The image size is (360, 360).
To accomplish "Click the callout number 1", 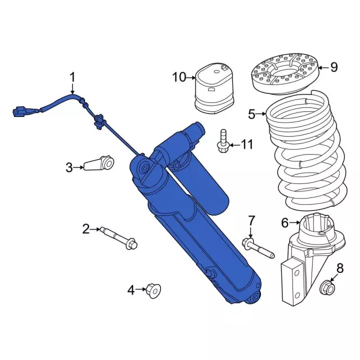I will coord(72,76).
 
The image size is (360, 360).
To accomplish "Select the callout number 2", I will coord(86,228).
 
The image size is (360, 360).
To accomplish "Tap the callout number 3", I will coord(69,167).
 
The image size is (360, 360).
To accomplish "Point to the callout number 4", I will coord(131,290).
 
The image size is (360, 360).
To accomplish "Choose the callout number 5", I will coord(251,115).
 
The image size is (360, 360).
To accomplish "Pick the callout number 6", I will coord(285,223).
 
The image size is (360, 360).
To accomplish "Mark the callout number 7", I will coord(251,220).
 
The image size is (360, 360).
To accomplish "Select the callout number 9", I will coord(334,67).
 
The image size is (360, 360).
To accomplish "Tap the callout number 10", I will coord(179,77).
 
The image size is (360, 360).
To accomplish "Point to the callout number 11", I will coord(247,145).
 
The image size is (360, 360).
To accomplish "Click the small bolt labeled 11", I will coord(223,141).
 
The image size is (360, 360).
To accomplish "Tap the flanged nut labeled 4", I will coord(152,290).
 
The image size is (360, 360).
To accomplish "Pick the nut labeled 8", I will coord(327,288).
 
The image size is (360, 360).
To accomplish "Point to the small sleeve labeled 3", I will coord(98,164).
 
